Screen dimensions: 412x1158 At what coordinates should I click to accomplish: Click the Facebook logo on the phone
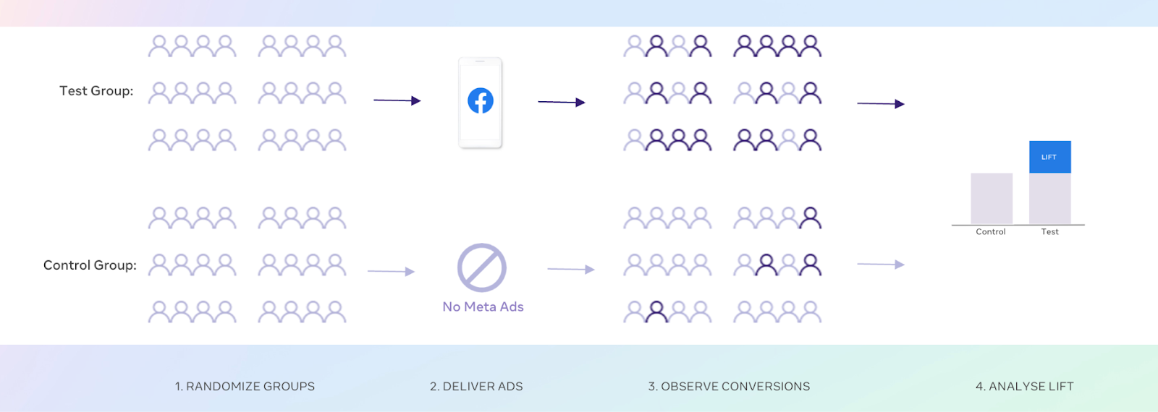click(x=481, y=100)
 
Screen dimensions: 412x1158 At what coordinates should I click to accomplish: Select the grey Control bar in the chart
click(x=992, y=199)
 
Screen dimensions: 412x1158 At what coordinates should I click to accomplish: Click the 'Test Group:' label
click(x=96, y=91)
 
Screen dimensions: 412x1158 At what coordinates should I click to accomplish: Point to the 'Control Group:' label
click(x=90, y=265)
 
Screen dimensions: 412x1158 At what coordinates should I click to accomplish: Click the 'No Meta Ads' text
click(x=483, y=306)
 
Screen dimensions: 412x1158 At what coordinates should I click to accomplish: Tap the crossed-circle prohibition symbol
click(x=482, y=267)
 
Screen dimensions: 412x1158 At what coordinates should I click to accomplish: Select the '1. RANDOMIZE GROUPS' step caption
click(x=245, y=387)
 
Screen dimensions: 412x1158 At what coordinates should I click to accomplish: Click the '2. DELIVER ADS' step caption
click(x=476, y=387)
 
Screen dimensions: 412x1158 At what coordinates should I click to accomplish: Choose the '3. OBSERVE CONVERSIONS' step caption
click(x=729, y=387)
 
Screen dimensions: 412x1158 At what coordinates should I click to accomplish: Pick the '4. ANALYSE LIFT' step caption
click(x=1024, y=387)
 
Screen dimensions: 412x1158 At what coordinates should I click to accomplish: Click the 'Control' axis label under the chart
click(x=990, y=232)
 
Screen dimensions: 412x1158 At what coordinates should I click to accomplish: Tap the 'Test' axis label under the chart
click(x=1049, y=232)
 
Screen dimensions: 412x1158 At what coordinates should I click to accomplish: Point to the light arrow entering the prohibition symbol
click(x=391, y=272)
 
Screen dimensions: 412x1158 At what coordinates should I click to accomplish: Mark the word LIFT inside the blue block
click(x=1049, y=157)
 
